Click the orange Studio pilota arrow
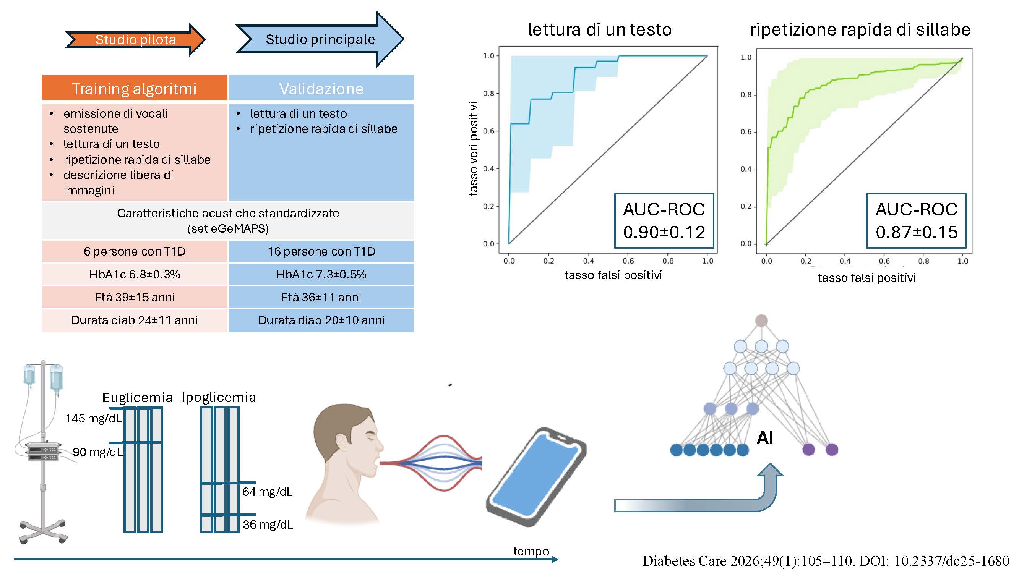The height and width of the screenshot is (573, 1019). pos(135,40)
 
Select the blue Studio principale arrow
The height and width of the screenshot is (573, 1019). pos(320,39)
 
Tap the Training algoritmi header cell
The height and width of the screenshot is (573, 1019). pos(135,88)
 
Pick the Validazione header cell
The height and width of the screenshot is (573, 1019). pos(321,88)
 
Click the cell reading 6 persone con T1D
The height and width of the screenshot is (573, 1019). pos(135,251)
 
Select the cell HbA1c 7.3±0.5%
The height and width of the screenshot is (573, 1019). pos(321,274)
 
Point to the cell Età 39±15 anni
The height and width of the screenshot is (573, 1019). pos(135,297)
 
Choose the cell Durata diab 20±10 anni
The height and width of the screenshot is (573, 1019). pos(321,320)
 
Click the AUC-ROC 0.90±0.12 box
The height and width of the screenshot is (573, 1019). pos(664,221)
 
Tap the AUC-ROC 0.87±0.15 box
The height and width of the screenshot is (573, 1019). pos(917,221)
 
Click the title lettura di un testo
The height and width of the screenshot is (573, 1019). pos(600,30)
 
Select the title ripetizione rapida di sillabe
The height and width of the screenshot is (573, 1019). pos(860,30)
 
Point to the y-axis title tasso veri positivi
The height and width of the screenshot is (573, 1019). pos(473,149)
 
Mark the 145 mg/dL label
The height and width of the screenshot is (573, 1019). pos(93,418)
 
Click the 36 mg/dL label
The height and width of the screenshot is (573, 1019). pos(268,525)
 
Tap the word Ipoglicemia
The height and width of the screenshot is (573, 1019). pos(219,397)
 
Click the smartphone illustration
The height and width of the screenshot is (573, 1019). pos(536,476)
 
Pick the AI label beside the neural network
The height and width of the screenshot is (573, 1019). pos(765,438)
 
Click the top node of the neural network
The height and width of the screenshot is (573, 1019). pos(761,321)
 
